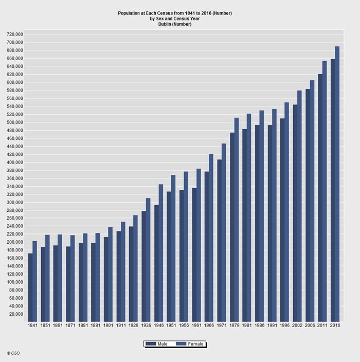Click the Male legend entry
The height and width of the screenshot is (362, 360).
click(157, 343)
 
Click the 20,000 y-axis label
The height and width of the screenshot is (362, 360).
click(15, 314)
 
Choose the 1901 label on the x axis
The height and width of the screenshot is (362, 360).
click(108, 326)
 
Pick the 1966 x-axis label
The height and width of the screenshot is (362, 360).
click(209, 326)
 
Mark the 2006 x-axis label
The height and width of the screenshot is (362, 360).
click(310, 326)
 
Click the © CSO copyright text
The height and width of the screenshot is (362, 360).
click(14, 353)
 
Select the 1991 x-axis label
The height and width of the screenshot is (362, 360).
click(272, 326)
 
